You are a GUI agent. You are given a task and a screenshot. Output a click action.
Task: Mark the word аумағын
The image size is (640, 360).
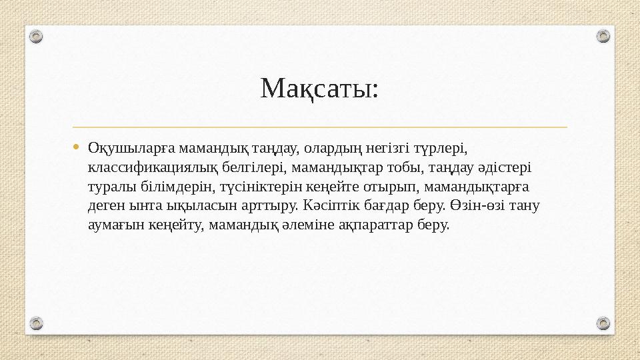pyautogui.click(x=115, y=224)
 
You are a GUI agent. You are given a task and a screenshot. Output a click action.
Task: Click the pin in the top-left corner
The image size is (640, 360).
pyautogui.click(x=37, y=36)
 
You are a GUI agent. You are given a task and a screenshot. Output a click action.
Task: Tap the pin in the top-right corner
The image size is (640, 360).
pyautogui.click(x=603, y=36)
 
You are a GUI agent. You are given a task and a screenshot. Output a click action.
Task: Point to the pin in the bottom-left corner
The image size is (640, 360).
pyautogui.click(x=37, y=323)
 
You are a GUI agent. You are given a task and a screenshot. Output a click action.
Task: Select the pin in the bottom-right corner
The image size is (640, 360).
pyautogui.click(x=603, y=323)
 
